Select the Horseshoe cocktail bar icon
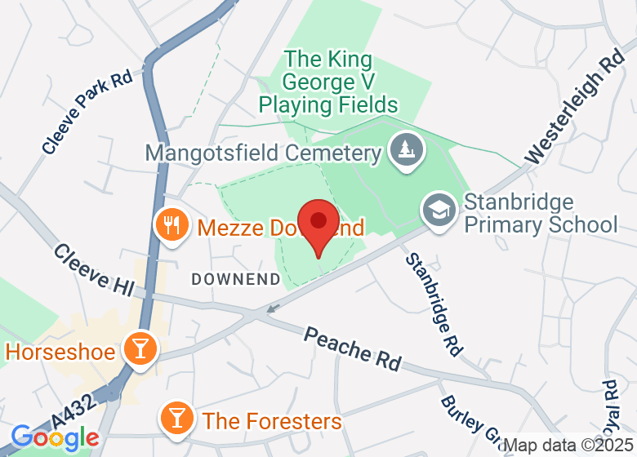coord(140,349)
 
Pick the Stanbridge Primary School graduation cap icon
coord(439,211)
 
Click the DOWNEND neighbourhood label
coord(235,279)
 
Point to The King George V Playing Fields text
coord(327,82)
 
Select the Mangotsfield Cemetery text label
coord(263,153)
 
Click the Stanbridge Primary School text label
coord(541,213)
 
